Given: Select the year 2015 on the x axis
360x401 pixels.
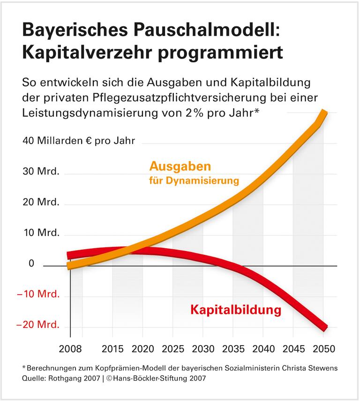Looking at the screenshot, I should pos(113,349).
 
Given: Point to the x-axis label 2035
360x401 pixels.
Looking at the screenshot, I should pos(232,349).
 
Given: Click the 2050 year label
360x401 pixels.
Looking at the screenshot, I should pos(323,349).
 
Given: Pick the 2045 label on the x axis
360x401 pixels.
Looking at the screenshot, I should pos(293,349).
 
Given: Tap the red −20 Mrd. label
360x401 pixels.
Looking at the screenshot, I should pos(38,325).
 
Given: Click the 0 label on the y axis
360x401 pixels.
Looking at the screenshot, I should pos(31,264).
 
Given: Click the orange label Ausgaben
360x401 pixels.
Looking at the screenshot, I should pos(180,166).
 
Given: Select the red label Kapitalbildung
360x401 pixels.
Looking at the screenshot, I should pos(235,310).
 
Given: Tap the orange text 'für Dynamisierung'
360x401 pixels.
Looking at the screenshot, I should pos(195,181).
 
